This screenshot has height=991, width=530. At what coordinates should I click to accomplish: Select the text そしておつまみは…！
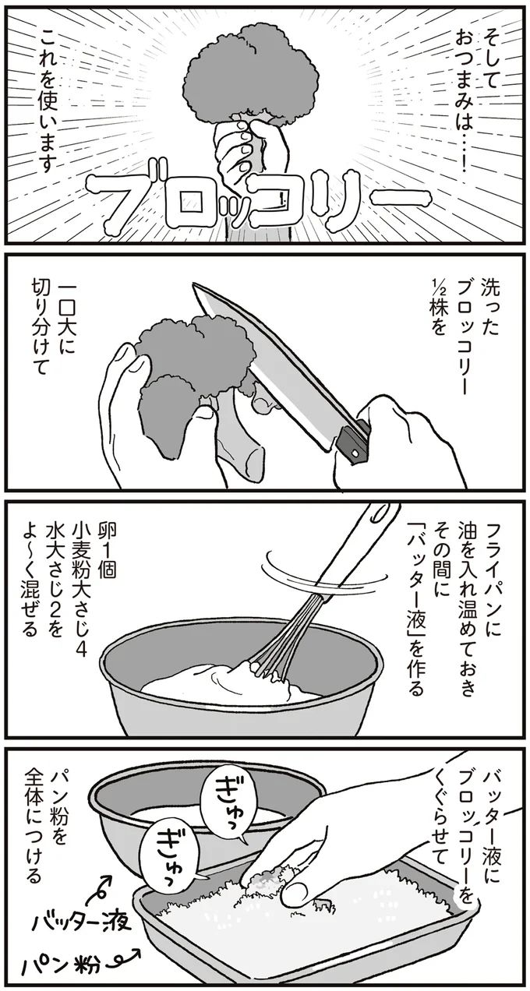pyautogui.click(x=479, y=93)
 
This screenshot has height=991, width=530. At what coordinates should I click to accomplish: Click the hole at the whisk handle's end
pyautogui.click(x=381, y=515)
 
